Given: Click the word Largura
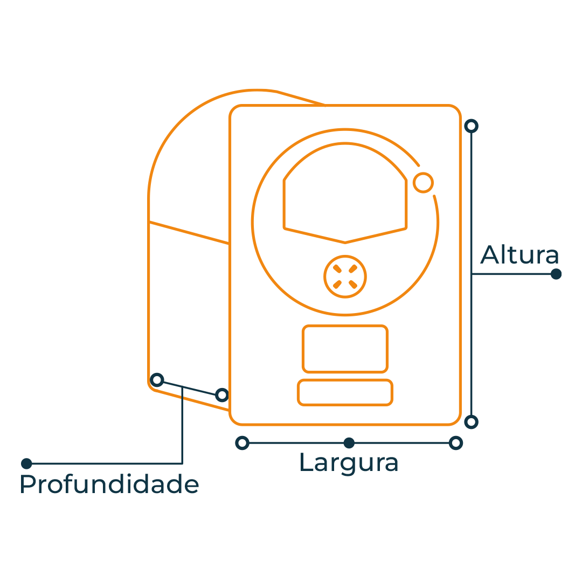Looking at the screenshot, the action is click(349, 463).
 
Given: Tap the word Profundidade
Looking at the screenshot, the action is click(109, 484).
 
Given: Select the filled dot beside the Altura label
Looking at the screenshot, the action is click(556, 274).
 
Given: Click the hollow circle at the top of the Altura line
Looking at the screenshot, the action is click(472, 126).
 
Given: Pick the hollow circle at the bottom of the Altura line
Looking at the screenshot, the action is click(472, 422).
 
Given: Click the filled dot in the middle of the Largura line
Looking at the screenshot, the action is click(349, 443).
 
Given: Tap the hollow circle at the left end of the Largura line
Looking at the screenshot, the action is click(242, 443).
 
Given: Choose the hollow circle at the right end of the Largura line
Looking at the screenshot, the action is click(456, 443).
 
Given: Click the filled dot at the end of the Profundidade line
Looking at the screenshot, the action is click(26, 463).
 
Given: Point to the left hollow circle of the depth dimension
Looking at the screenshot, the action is click(157, 380).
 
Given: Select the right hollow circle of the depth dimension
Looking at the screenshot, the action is click(222, 395).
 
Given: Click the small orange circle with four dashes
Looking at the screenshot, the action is click(345, 276).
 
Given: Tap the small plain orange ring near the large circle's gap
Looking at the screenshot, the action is click(423, 183).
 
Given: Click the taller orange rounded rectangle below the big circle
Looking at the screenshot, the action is click(345, 349).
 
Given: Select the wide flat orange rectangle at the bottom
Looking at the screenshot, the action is click(345, 392).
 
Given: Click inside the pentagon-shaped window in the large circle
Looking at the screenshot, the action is click(345, 197).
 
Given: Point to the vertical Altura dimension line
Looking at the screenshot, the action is click(472, 274).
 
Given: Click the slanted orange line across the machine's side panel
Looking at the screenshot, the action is click(189, 233).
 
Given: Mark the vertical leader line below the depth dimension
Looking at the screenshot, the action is click(182, 425).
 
